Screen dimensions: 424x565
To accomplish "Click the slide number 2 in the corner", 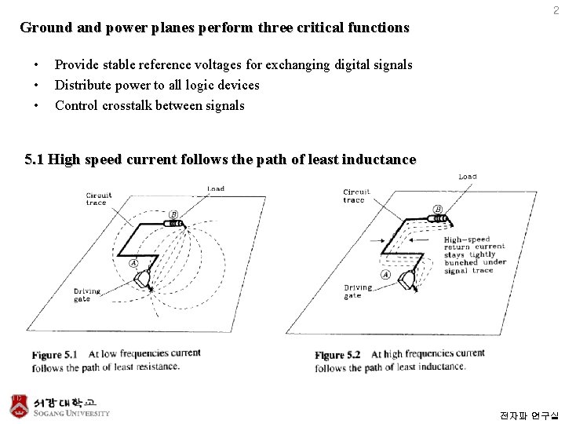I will click(x=556, y=10).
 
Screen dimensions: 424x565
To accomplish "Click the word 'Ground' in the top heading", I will click(x=45, y=27).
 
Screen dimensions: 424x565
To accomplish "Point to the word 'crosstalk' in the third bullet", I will click(x=129, y=105).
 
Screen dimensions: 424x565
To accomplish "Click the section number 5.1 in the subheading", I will click(x=35, y=159).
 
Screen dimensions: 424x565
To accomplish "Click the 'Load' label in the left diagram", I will click(x=216, y=188).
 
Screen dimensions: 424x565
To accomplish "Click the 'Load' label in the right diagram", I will click(x=468, y=177).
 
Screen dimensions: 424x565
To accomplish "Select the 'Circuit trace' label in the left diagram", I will click(x=99, y=199).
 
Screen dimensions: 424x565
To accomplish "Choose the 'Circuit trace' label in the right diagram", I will click(x=356, y=196).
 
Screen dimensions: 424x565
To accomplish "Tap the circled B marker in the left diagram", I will click(x=173, y=214).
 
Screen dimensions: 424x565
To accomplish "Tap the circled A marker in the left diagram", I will click(x=133, y=263).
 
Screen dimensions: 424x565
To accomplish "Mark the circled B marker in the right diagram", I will click(x=437, y=209).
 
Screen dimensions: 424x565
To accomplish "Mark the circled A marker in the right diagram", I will click(x=385, y=275).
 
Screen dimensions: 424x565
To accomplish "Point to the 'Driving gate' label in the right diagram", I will click(x=357, y=291).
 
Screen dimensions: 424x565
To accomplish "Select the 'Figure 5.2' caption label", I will click(x=337, y=355).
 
